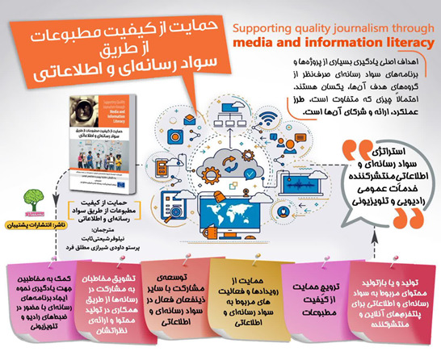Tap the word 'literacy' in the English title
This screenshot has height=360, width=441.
[401, 40]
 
